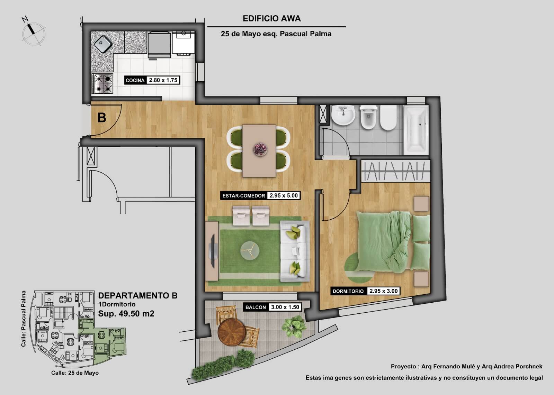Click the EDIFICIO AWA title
(271, 19)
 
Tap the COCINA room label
(135, 80)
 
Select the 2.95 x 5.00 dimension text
(284, 195)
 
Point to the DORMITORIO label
(348, 291)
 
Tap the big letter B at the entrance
(102, 118)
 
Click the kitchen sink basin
(103, 44)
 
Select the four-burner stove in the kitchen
(102, 83)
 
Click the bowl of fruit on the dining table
(260, 149)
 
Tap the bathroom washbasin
(343, 115)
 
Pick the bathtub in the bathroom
(416, 130)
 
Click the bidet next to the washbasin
(368, 117)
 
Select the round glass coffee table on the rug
(250, 250)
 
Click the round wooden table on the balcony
(231, 332)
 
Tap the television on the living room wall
(212, 251)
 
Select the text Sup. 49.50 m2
(126, 313)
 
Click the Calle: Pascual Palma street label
(24, 319)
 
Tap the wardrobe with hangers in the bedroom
(395, 171)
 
